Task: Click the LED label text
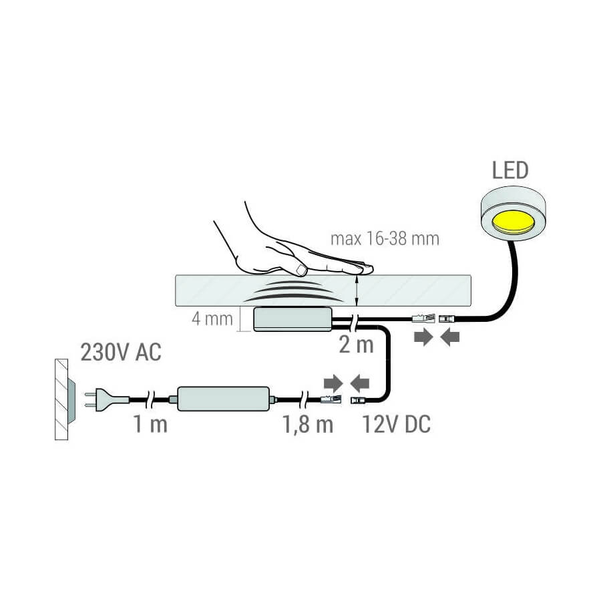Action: click(510, 170)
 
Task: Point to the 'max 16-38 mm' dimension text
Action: click(385, 239)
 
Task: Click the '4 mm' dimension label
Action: click(212, 319)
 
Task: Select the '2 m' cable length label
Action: click(356, 345)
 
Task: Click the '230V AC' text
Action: click(121, 352)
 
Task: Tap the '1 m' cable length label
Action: click(150, 424)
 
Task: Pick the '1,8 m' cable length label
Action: click(308, 425)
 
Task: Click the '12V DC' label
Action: click(396, 424)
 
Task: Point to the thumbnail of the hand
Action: click(302, 269)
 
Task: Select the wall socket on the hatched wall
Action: click(71, 399)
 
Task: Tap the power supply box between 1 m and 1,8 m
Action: click(224, 399)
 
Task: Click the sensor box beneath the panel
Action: click(293, 319)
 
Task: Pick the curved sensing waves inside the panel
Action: click(288, 291)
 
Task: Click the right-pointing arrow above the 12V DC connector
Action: click(333, 383)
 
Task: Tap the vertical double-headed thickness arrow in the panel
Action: click(357, 290)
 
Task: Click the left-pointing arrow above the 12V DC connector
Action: click(359, 383)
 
